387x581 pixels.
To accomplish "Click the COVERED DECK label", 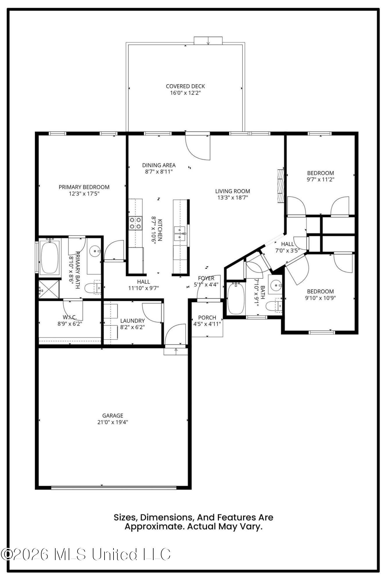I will pyautogui.click(x=185, y=86).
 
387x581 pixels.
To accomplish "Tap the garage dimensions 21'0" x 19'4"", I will pyautogui.click(x=113, y=422).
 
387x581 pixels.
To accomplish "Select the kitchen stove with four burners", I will pyautogui.click(x=136, y=223).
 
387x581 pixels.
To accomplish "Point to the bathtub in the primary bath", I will pyautogui.click(x=49, y=257).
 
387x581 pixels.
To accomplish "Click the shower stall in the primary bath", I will pyautogui.click(x=49, y=289).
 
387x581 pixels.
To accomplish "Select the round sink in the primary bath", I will pyautogui.click(x=94, y=251).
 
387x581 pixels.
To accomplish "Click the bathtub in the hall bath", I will pyautogui.click(x=235, y=299).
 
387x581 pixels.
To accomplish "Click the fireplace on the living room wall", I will pyautogui.click(x=280, y=185).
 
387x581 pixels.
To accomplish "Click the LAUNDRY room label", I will pyautogui.click(x=132, y=321).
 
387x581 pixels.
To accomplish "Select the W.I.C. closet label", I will pyautogui.click(x=70, y=317).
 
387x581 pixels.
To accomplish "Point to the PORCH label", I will pyautogui.click(x=207, y=318).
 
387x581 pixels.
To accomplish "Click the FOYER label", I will pyautogui.click(x=206, y=278).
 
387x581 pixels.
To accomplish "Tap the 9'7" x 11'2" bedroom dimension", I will pyautogui.click(x=321, y=180).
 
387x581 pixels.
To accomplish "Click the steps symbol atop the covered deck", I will pyautogui.click(x=208, y=41).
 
